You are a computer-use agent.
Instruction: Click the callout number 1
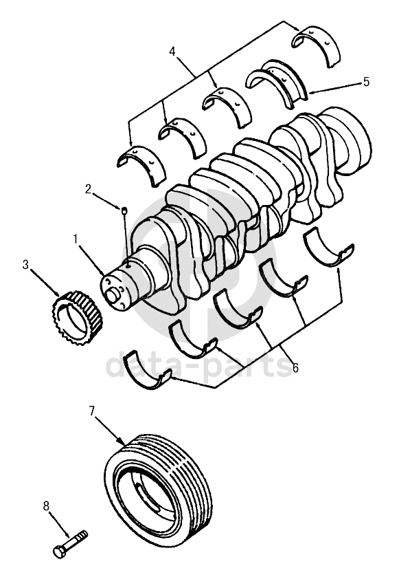[x=76, y=239]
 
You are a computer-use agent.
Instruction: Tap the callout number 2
[x=88, y=189]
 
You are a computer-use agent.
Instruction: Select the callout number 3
[x=25, y=265]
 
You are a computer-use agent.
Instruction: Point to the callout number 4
[x=172, y=52]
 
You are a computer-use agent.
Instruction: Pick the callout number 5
[x=366, y=82]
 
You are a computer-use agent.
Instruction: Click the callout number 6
[x=295, y=367]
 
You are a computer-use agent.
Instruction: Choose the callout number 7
[x=92, y=411]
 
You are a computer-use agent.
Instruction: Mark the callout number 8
[x=46, y=507]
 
